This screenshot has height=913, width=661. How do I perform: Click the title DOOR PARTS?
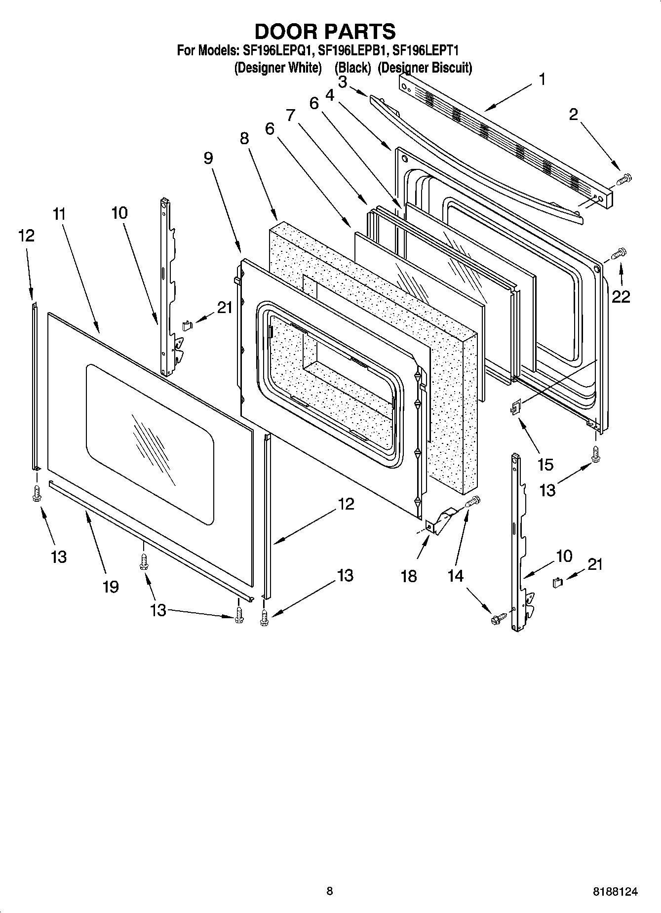coord(325,32)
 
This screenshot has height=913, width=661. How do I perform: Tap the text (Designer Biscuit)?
coord(425,68)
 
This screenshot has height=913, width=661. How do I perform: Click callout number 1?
coord(542,79)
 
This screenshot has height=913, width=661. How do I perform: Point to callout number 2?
coord(573,115)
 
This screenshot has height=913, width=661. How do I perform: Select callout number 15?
coord(545,464)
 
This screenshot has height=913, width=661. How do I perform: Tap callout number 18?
coord(409,576)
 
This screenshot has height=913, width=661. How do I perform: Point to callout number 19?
coord(111,587)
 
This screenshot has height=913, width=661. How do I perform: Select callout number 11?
coord(59,214)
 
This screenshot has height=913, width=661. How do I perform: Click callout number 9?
coord(208,158)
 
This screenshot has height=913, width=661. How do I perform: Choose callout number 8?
coord(244,138)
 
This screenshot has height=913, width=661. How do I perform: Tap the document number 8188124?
coord(615,891)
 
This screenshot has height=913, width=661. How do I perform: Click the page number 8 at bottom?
coord(330,891)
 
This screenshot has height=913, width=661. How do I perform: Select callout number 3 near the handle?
coord(342,81)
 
